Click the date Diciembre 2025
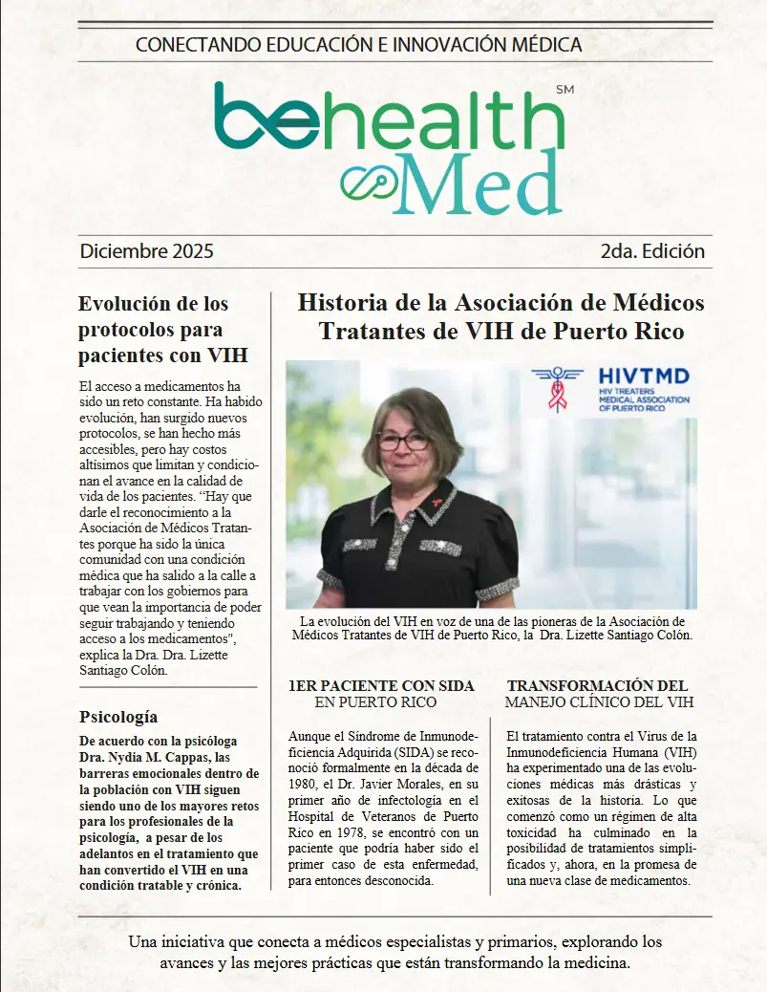click(x=146, y=252)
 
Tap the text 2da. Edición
click(x=652, y=252)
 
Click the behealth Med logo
click(x=387, y=143)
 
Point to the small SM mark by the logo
click(x=564, y=90)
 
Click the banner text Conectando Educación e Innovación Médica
click(x=358, y=44)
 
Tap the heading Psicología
click(x=118, y=717)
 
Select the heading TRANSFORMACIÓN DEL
click(x=597, y=686)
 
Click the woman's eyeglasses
click(x=404, y=442)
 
